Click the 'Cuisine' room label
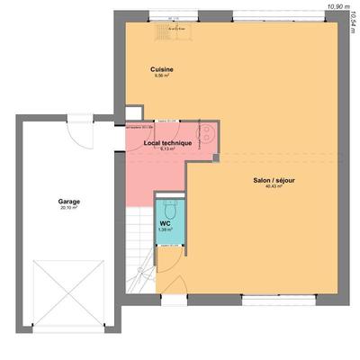tap(162, 68)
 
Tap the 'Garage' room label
tap(69, 202)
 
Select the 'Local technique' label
tap(167, 142)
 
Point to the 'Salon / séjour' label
tap(274, 180)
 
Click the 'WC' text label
tap(166, 223)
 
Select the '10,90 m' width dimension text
tap(338, 5)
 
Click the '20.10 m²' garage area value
tap(69, 208)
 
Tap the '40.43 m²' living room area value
tap(274, 187)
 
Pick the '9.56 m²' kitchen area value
tap(162, 76)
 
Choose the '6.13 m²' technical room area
tap(167, 148)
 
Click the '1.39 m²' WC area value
tap(166, 229)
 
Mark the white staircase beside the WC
tap(139, 243)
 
